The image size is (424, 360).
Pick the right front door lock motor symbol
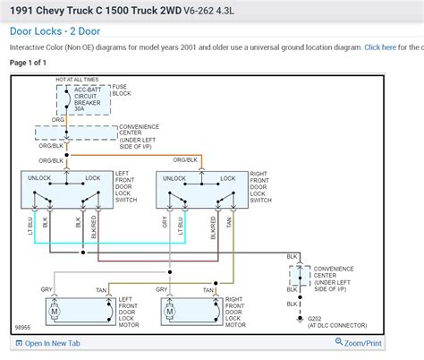[170, 311]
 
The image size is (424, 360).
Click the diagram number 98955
[22, 328]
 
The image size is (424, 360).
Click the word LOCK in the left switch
[92, 178]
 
